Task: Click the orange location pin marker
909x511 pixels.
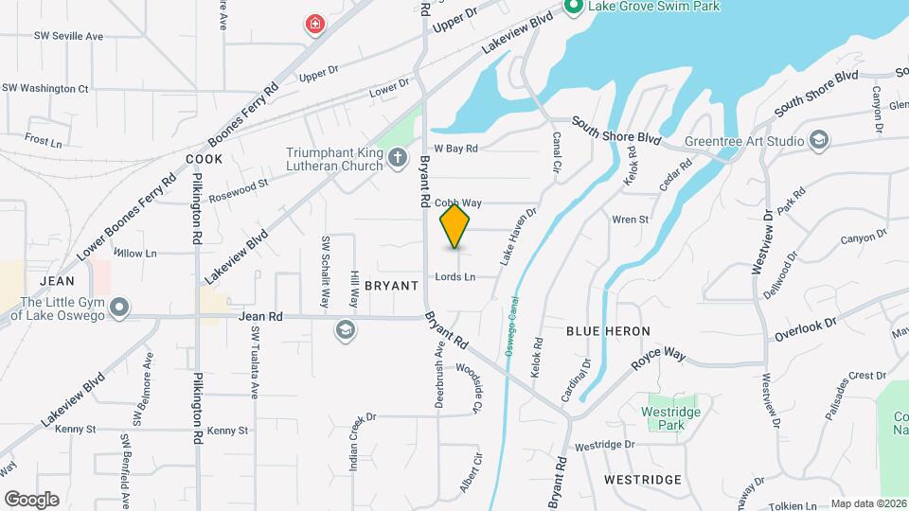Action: (x=455, y=226)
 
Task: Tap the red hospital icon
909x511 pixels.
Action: (x=313, y=25)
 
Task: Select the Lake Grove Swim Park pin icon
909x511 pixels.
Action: (x=572, y=7)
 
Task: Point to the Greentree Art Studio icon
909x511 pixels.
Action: (x=819, y=142)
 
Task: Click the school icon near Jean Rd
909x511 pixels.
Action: (x=346, y=329)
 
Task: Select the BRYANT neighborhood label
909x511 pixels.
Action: (x=390, y=285)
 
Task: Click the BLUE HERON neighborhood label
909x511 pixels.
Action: (x=608, y=331)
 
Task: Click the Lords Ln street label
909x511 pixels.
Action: (x=455, y=277)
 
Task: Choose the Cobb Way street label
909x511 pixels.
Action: (x=458, y=203)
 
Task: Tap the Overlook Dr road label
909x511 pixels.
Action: (x=806, y=329)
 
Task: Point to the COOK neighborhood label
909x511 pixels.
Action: (x=204, y=159)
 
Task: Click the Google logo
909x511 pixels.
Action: (x=31, y=499)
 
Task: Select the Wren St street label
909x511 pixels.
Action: (x=630, y=220)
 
